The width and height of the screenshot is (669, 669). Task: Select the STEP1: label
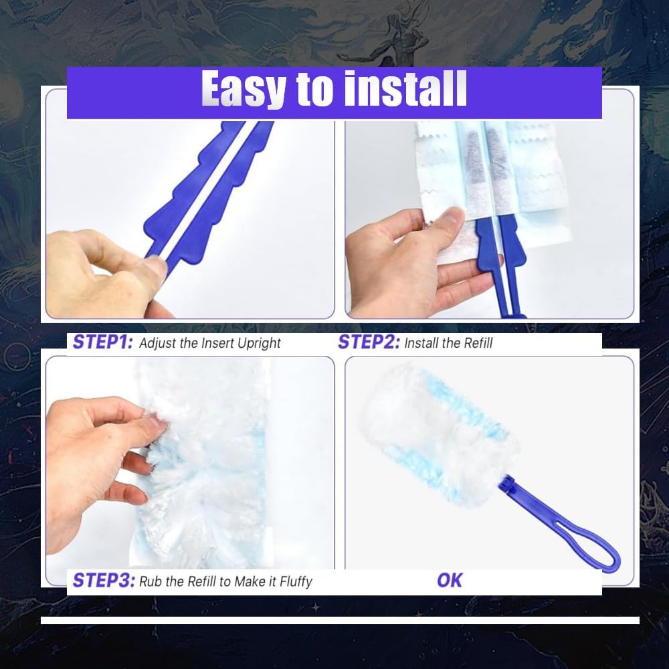tap(103, 343)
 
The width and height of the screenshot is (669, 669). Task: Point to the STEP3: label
tap(103, 580)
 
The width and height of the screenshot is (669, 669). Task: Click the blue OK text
tap(450, 580)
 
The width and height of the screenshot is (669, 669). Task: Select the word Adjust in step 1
tap(159, 343)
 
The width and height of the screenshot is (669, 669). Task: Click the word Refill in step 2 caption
tap(476, 343)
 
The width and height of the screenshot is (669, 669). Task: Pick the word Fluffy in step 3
tap(290, 581)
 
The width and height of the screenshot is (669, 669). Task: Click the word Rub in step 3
tap(151, 581)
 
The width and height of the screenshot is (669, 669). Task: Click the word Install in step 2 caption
tap(425, 343)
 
